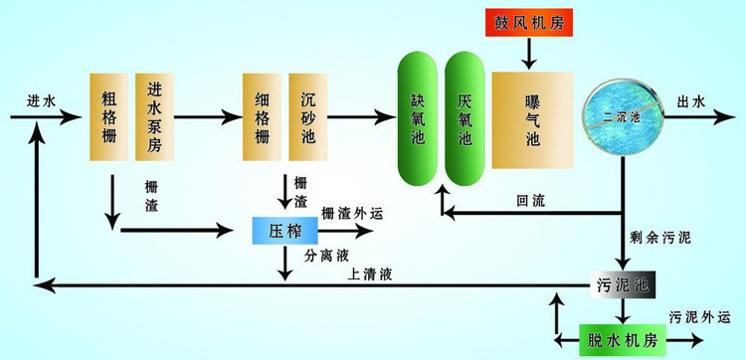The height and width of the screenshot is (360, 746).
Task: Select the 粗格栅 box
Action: [109, 115]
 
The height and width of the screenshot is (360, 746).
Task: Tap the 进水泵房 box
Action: [154, 115]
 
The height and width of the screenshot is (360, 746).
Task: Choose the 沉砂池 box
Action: [308, 115]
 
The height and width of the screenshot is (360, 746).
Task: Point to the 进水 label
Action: [41, 100]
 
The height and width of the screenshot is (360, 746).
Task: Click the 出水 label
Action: [690, 100]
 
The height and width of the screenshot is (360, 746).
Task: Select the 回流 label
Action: [529, 199]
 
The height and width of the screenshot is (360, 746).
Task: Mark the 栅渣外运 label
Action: [351, 213]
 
